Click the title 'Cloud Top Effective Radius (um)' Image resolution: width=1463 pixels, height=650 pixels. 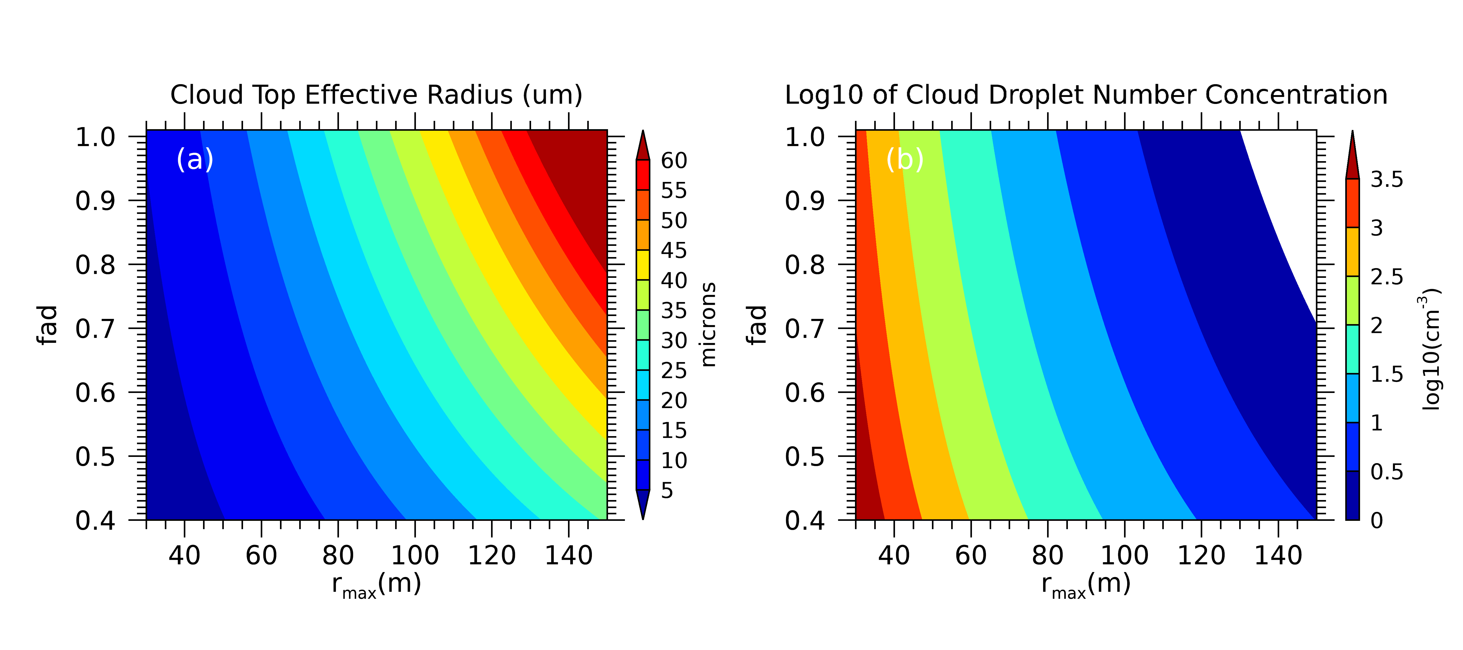376,95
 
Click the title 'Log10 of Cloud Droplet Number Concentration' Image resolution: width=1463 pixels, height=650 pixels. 1085,95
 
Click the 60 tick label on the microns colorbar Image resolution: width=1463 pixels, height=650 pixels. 674,161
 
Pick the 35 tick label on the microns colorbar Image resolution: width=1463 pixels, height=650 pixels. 674,311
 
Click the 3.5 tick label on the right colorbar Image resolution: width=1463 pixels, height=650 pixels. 1386,179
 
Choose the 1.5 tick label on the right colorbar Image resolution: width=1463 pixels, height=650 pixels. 1386,374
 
